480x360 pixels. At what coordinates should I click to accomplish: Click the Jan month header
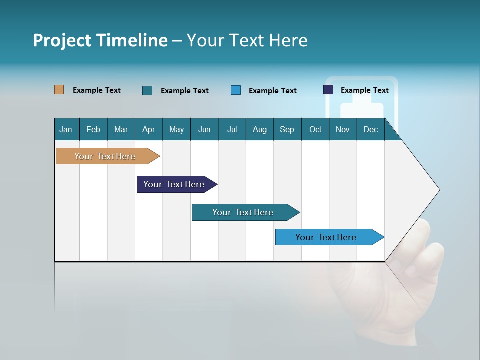[x=66, y=129]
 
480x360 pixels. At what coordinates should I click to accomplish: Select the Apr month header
[x=149, y=129]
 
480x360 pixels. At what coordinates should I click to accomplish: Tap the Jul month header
[x=232, y=129]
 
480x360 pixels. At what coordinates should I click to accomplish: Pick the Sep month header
[x=287, y=129]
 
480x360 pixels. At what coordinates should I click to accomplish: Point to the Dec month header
[x=370, y=129]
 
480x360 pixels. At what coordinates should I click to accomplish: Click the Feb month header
[x=93, y=129]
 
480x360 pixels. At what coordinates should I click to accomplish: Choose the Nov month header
[x=343, y=129]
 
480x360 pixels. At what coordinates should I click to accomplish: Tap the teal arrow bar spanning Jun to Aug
[x=243, y=212]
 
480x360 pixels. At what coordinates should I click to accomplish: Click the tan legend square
[x=59, y=90]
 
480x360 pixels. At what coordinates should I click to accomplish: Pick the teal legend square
[x=147, y=90]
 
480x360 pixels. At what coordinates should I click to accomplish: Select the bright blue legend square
[x=236, y=90]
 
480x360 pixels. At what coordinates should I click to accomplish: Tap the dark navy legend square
[x=328, y=90]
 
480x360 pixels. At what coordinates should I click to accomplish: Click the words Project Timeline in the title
[x=100, y=40]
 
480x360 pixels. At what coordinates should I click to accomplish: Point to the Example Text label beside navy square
[x=364, y=90]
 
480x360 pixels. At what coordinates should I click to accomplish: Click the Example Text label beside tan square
[x=97, y=90]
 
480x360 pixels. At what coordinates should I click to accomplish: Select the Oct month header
[x=315, y=129]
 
